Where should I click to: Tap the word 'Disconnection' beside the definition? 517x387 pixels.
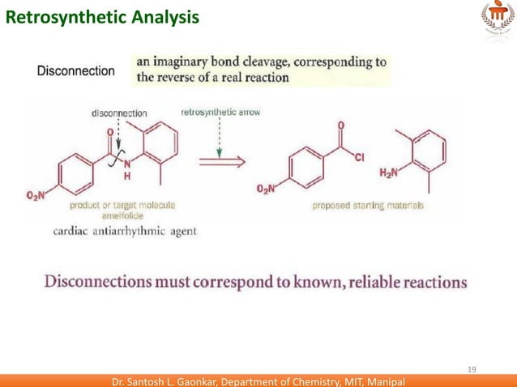click(x=76, y=71)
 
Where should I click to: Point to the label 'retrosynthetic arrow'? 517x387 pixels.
click(x=220, y=113)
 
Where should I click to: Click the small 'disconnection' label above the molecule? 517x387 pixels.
click(x=118, y=113)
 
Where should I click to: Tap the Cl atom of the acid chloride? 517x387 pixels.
click(x=358, y=157)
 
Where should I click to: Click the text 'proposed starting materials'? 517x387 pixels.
click(x=368, y=206)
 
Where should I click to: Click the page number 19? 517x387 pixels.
click(x=473, y=370)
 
